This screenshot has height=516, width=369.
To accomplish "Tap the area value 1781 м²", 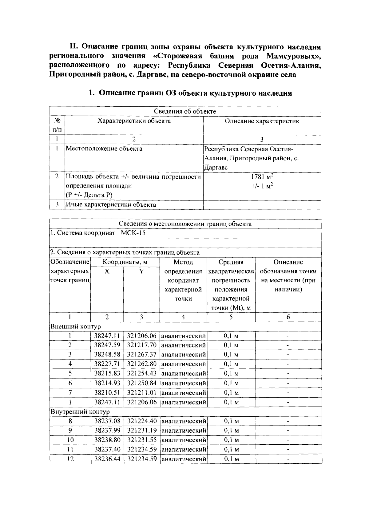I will coord(262,177).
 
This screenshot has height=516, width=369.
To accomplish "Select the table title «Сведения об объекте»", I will coord(185,111).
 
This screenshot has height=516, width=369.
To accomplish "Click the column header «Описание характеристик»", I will coord(262,121).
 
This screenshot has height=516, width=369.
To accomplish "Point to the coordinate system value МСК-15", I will coord(133,233).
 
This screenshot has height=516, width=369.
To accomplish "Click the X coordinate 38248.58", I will coord(107,355).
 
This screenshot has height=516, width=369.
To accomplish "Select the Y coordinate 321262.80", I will coord(142,364).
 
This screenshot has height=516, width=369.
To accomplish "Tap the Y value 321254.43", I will coord(142,374).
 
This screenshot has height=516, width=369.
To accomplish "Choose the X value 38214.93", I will coord(107,383).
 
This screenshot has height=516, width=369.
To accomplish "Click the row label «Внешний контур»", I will coord(75,327).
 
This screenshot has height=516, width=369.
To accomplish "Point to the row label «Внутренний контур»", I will coord(80,412).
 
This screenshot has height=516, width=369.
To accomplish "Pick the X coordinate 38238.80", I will coord(107,440).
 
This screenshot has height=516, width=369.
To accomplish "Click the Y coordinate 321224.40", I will coord(142,421).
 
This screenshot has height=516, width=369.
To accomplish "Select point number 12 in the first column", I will coord(70,459).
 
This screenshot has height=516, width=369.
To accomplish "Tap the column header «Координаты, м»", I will coord(125,262).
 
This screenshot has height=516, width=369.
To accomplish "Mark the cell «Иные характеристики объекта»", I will coord(111,205).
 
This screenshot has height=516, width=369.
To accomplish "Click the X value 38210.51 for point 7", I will coord(107,393).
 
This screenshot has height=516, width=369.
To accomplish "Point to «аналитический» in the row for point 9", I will coord(183,431).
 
